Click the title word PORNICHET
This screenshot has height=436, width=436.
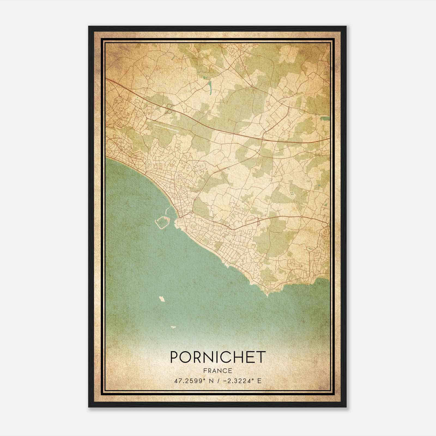click(x=218, y=357)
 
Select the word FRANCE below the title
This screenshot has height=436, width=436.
click(x=218, y=371)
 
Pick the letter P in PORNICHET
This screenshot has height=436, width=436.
click(x=174, y=357)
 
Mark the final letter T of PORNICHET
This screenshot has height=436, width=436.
click(x=261, y=357)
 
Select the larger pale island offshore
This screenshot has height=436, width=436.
click(x=162, y=299)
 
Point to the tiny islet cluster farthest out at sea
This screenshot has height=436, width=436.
click(x=173, y=326)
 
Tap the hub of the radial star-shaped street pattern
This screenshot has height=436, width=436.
click(x=120, y=149)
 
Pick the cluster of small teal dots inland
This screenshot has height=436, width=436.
click(x=292, y=193)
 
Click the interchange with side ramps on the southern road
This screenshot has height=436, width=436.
click(x=258, y=221)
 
